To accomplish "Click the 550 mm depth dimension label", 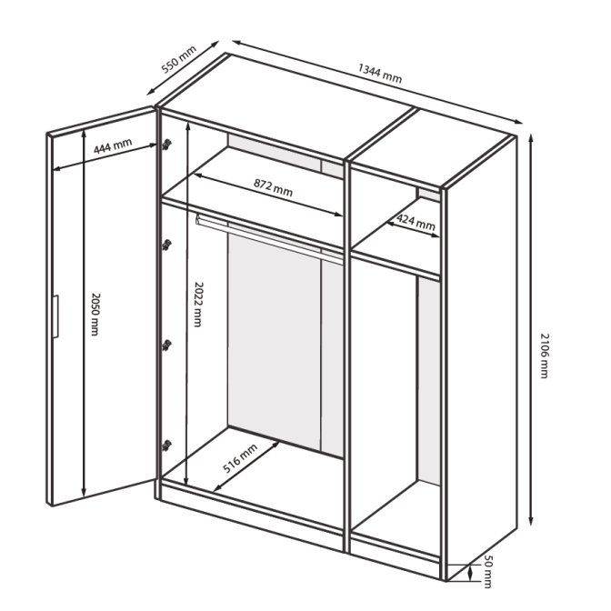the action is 179,59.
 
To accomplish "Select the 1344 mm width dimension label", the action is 379,74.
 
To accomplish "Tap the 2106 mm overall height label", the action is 545,356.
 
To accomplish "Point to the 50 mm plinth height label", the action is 488,571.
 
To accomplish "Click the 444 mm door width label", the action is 113,145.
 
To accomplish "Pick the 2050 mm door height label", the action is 95,314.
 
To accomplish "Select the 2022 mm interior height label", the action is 198,305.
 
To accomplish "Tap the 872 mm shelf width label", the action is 273,187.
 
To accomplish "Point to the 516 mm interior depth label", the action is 240,458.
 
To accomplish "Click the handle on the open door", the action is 55,316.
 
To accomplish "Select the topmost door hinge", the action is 167,145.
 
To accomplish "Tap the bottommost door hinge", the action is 167,446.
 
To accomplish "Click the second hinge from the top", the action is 167,245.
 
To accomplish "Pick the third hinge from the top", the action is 167,345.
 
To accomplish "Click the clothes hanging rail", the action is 269,238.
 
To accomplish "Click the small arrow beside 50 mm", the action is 471,573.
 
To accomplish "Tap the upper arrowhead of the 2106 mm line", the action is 531,137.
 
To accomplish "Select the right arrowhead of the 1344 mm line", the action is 518,122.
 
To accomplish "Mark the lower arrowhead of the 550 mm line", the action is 150,92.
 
